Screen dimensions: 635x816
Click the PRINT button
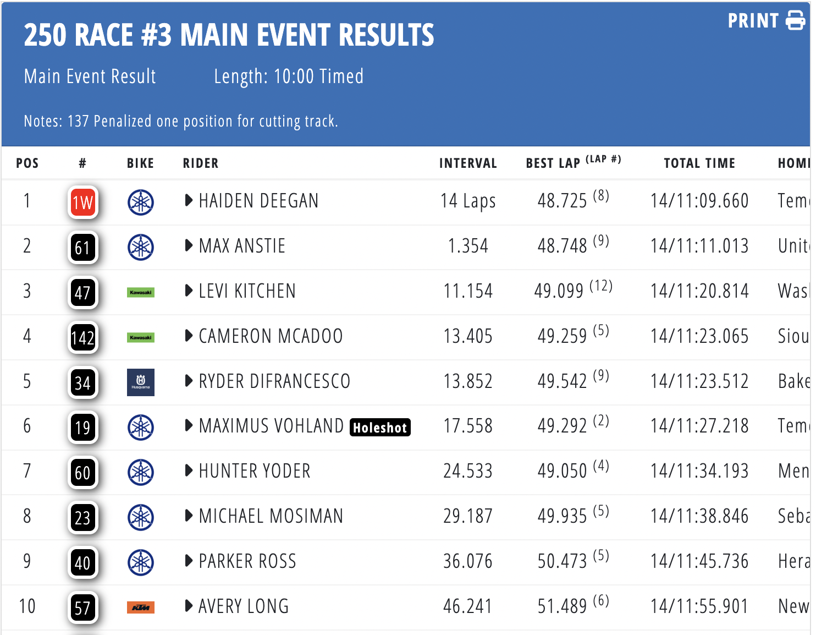pyautogui.click(x=766, y=21)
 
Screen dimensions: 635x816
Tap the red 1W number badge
pyautogui.click(x=83, y=202)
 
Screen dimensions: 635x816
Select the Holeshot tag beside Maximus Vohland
pyautogui.click(x=380, y=428)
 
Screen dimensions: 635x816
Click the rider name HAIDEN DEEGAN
pyautogui.click(x=258, y=201)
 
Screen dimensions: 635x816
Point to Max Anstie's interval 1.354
pyautogui.click(x=468, y=246)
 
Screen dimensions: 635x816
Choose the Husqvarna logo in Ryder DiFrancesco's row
pyautogui.click(x=141, y=382)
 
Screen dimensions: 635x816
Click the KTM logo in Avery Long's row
pyautogui.click(x=141, y=607)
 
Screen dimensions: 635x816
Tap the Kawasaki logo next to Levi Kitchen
pyautogui.click(x=141, y=292)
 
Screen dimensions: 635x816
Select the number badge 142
pyautogui.click(x=83, y=337)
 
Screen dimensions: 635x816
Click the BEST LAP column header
pyautogui.click(x=553, y=163)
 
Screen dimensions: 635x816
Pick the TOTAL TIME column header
pyautogui.click(x=699, y=163)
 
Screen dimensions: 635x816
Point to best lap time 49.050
pyautogui.click(x=563, y=471)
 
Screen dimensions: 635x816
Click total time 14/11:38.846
pyautogui.click(x=699, y=516)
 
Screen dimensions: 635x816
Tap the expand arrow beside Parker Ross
pyautogui.click(x=189, y=561)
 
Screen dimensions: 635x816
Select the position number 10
pyautogui.click(x=27, y=606)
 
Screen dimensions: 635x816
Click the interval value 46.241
pyautogui.click(x=468, y=606)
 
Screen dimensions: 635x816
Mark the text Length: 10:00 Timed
pyautogui.click(x=289, y=76)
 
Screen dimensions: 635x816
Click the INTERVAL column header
pyautogui.click(x=468, y=163)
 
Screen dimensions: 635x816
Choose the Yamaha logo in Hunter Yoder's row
pyautogui.click(x=141, y=472)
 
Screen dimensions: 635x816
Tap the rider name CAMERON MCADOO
pyautogui.click(x=271, y=336)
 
